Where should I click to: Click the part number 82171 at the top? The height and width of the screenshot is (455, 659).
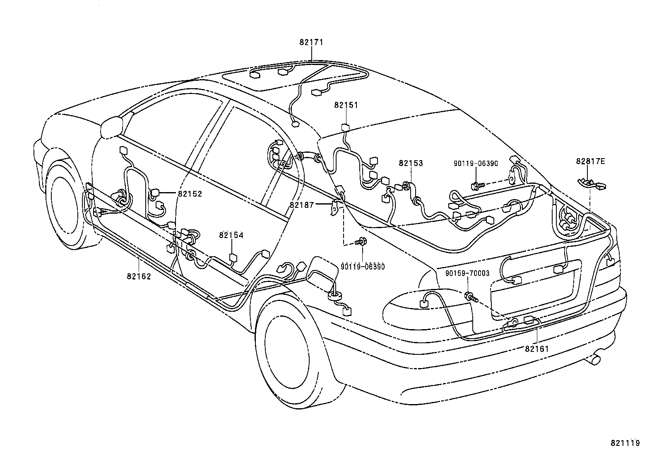(311, 42)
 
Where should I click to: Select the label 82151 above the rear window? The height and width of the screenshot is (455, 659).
(346, 105)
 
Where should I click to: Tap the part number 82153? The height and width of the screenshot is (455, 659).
(411, 163)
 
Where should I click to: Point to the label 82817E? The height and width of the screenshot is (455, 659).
(590, 161)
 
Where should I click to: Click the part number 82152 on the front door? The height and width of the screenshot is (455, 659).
(190, 193)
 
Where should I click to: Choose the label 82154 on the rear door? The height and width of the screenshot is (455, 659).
(231, 236)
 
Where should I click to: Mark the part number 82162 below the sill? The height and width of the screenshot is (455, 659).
(139, 277)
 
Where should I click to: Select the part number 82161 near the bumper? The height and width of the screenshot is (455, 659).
(536, 349)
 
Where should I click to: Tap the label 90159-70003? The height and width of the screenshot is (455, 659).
(467, 274)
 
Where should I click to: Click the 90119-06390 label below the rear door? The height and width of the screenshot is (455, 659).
(363, 267)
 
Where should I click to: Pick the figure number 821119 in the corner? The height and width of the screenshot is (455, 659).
(625, 443)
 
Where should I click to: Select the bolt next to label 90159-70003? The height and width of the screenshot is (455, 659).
(471, 296)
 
